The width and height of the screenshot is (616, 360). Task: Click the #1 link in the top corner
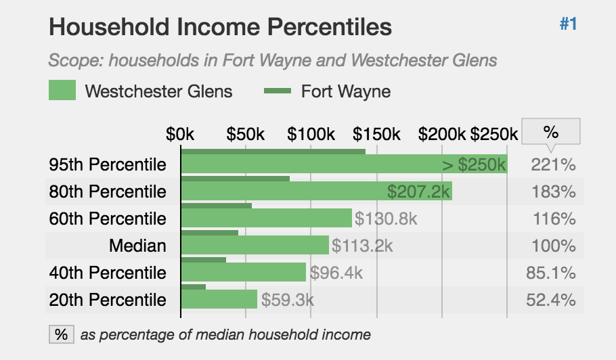(x=568, y=24)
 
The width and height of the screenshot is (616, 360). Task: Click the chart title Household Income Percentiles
(x=221, y=27)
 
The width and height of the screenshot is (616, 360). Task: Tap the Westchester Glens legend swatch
(x=62, y=91)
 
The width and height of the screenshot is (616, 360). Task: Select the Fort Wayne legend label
(x=346, y=91)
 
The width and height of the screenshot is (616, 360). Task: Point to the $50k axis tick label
(x=246, y=134)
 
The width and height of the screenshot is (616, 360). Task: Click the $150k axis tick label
(x=376, y=134)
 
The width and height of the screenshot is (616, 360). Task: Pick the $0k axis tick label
(x=180, y=134)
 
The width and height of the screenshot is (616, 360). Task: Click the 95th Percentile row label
(x=108, y=164)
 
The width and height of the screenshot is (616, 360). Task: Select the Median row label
(x=137, y=246)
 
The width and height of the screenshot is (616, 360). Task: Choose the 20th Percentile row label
(x=108, y=300)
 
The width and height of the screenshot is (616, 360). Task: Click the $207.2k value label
(x=418, y=192)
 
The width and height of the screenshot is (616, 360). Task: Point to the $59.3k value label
(x=288, y=300)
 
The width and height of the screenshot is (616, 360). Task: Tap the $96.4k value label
(x=336, y=273)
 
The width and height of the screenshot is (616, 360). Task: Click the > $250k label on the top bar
(x=474, y=164)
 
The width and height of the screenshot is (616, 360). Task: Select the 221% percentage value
(x=553, y=164)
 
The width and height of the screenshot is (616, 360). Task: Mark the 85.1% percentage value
(x=550, y=273)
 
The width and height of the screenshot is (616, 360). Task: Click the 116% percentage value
(x=553, y=219)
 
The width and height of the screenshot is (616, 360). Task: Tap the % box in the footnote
(x=61, y=334)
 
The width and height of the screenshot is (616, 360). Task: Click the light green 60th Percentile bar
(x=266, y=219)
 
